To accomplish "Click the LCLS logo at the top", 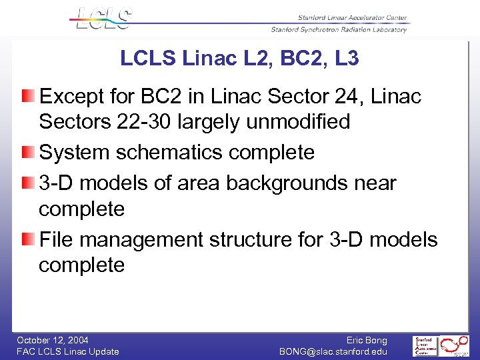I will pos(104,18).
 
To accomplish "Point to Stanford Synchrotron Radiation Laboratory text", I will pos(339,30).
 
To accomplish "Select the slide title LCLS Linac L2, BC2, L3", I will pos(239,59).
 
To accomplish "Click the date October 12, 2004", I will pos(53,340).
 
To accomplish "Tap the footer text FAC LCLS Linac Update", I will pos(68,351).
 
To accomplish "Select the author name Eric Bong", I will pos(367,340).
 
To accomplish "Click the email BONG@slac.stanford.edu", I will pos(333,351).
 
